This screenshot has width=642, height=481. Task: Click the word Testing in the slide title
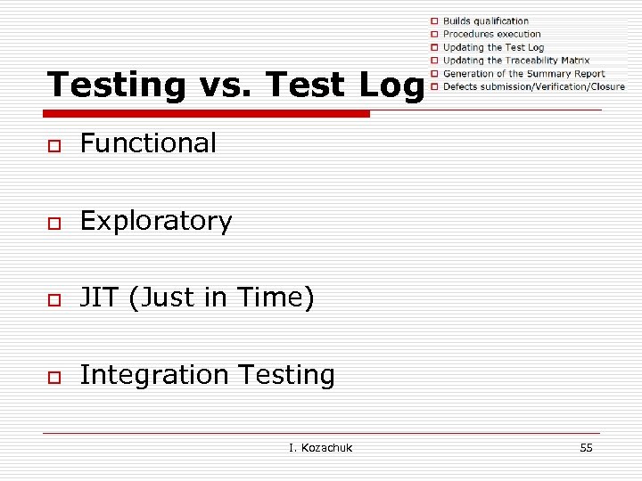115,85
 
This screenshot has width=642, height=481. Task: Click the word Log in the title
390,85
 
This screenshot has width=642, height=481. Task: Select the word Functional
148,143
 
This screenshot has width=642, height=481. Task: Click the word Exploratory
156,221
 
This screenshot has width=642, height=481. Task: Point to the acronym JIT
100,298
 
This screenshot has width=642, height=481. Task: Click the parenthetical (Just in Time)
222,298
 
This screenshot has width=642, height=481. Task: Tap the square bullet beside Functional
54,145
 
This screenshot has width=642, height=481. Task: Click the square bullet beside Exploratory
54,223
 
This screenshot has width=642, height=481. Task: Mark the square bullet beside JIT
54,300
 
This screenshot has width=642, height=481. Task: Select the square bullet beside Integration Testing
54,377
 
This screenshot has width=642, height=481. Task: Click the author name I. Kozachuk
321,447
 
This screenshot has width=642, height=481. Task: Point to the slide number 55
586,447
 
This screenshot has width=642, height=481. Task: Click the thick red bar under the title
208,114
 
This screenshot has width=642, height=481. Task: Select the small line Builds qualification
485,20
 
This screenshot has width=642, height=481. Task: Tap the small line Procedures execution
491,34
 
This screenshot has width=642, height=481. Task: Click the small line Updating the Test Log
493,47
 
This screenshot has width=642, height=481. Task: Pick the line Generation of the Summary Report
523,74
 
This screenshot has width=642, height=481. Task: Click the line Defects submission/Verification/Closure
533,86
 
